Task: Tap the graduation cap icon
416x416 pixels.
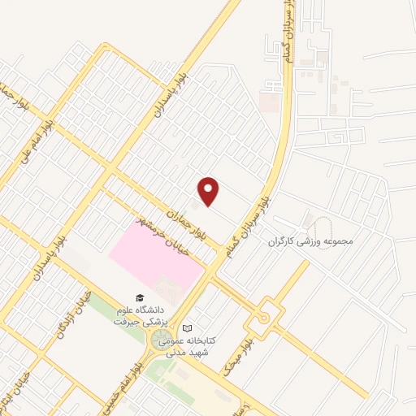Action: [x=139, y=297]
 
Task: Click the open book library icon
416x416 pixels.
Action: [x=188, y=327]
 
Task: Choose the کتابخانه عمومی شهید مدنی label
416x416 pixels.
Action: [x=188, y=346]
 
